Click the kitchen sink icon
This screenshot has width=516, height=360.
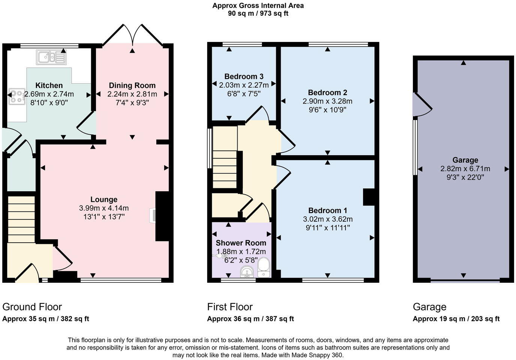pyautogui.click(x=51, y=57)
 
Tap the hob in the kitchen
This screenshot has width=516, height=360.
pyautogui.click(x=17, y=97)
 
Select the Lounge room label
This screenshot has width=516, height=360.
pyautogui.click(x=104, y=199)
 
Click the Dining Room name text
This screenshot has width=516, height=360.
pyautogui.click(x=132, y=85)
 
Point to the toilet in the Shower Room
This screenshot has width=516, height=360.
pyautogui.click(x=264, y=267)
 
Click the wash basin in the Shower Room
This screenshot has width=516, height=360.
pyautogui.click(x=247, y=272)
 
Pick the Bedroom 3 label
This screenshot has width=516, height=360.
pyautogui.click(x=244, y=76)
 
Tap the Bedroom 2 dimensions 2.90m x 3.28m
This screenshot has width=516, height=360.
pyautogui.click(x=328, y=101)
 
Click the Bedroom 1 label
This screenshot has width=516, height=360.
pyautogui.click(x=328, y=210)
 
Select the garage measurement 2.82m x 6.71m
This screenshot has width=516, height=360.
pyautogui.click(x=465, y=169)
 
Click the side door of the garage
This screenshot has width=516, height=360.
pyautogui.click(x=422, y=104)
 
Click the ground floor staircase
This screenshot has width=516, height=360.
pyautogui.click(x=21, y=219)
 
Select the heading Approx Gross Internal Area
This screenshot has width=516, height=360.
pyautogui.click(x=258, y=6)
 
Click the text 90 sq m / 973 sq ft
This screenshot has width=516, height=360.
pyautogui.click(x=258, y=13)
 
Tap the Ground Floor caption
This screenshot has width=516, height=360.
pyautogui.click(x=32, y=307)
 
